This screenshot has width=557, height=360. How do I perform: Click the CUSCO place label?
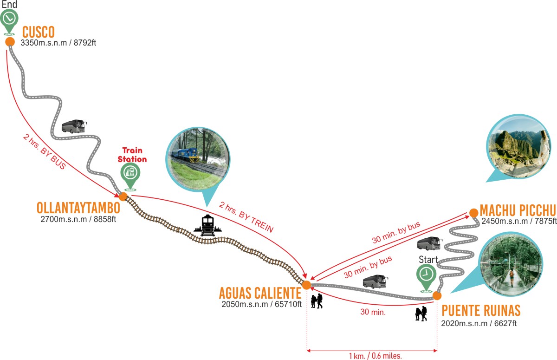pos(39,32)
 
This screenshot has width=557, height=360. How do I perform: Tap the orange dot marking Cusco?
pos(10,42)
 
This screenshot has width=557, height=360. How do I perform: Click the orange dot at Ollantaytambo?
pos(123,196)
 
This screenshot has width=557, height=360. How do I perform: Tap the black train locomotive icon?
pos(207,225)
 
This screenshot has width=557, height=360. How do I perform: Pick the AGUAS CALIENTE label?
pos(260,293)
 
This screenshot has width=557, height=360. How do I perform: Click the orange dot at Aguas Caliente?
pos(306,285)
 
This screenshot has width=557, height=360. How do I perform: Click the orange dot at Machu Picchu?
pos(473,213)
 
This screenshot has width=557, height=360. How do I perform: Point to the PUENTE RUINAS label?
pos(481,310)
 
